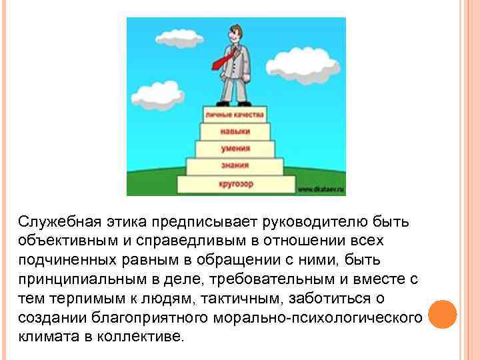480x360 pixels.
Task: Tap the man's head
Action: click(235, 32)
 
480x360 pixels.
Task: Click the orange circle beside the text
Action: click(441, 313)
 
